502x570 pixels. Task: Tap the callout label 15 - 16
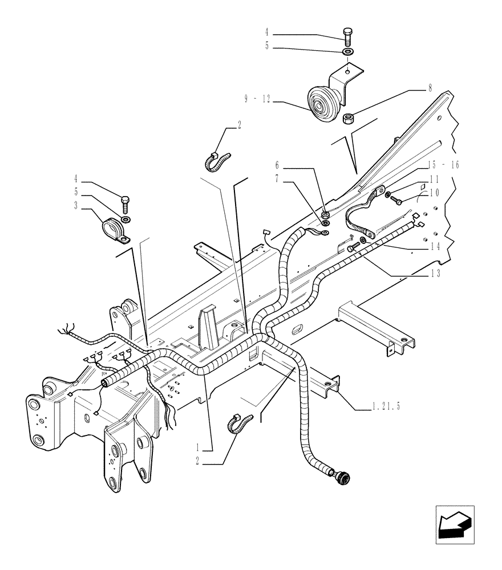[443, 165]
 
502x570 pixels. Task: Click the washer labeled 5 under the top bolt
[347, 52]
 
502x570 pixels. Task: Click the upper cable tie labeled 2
[217, 160]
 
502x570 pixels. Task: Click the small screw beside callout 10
[398, 200]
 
